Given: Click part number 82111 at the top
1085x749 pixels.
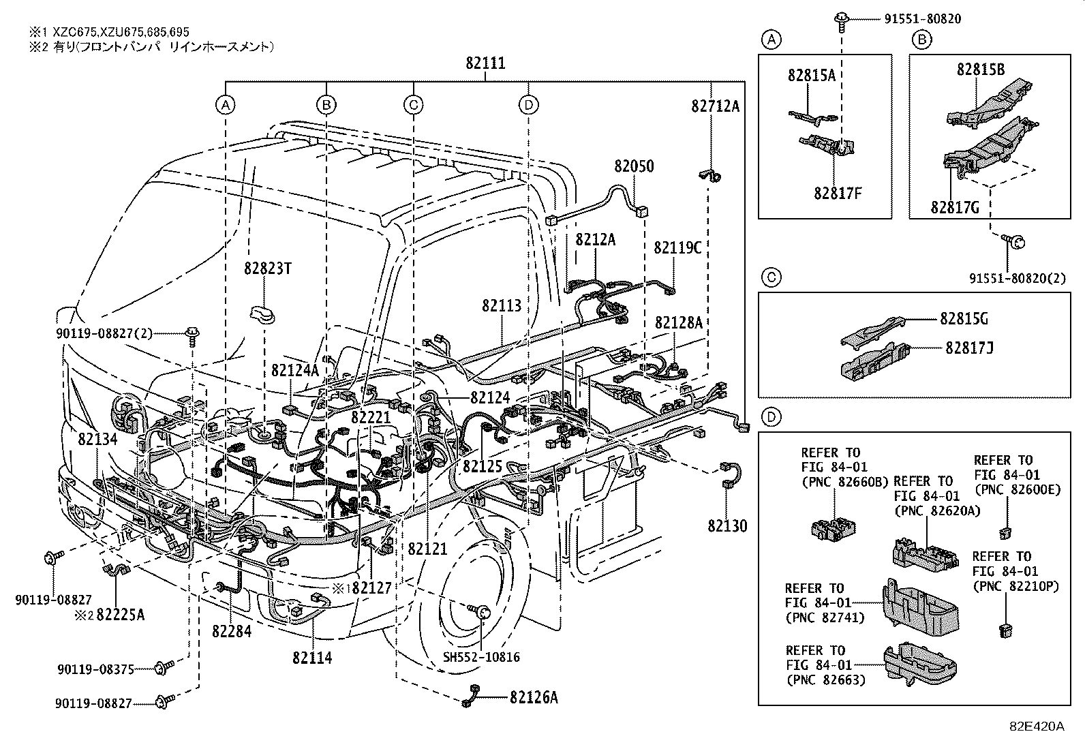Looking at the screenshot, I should (x=485, y=63).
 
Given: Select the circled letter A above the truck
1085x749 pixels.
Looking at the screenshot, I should (x=226, y=104).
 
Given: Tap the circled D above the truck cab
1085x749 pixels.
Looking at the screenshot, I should (x=528, y=104).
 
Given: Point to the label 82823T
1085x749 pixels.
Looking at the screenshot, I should (x=267, y=269).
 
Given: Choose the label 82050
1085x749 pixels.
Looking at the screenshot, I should (x=633, y=166).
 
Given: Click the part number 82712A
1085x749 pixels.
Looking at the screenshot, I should (x=715, y=106).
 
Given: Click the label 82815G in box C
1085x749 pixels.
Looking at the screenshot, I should (x=964, y=319).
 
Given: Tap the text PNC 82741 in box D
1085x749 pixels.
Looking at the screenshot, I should (x=824, y=618).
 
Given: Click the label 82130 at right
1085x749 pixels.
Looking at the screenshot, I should (x=727, y=526).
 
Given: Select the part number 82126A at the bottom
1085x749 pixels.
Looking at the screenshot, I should (x=533, y=697).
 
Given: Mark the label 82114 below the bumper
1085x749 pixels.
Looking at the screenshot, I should (x=312, y=658).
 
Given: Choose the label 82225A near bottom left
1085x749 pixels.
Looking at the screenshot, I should (x=120, y=615).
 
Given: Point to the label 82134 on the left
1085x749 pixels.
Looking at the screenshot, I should (x=97, y=439).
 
